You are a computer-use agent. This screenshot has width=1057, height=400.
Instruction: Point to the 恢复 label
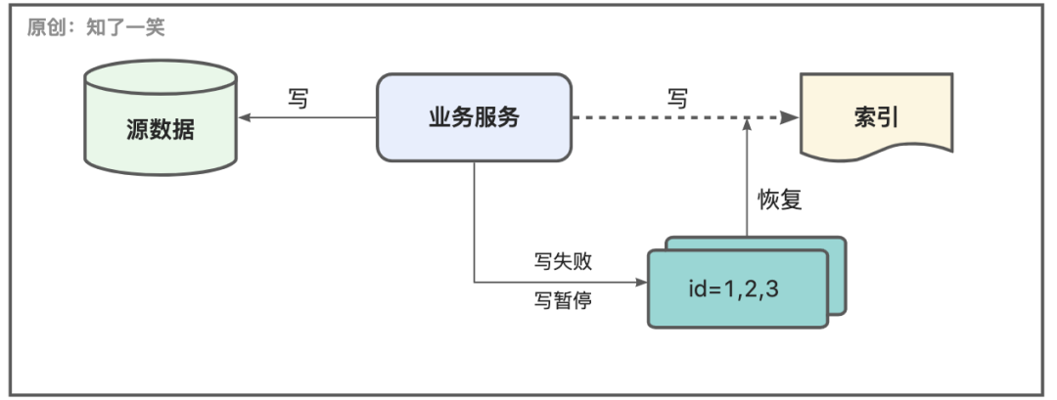[x=781, y=200]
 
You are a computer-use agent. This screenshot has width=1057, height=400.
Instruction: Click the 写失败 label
[x=563, y=262]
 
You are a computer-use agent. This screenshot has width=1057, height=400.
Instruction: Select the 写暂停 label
[x=563, y=299]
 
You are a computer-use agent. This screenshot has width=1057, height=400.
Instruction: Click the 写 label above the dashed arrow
[x=677, y=98]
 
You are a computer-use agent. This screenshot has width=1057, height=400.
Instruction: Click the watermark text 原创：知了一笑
[x=96, y=27]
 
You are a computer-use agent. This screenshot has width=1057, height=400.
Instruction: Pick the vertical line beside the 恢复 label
[x=747, y=186]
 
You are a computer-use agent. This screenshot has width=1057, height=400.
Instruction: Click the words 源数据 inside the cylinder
[x=161, y=129]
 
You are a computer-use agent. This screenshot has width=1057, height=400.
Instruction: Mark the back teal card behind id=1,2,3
[x=837, y=244]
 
